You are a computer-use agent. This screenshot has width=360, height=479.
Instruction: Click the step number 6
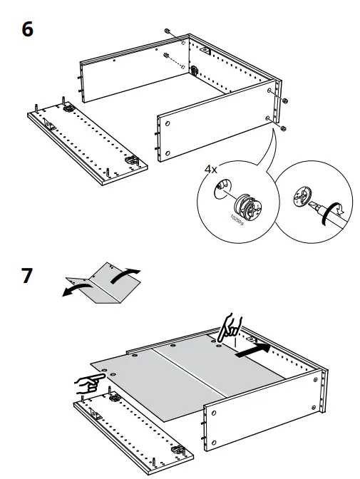[27, 30]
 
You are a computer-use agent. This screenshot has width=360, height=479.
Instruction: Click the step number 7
[27, 276]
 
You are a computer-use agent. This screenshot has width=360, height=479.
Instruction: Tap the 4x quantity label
[210, 169]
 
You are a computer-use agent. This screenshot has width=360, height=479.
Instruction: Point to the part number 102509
[237, 220]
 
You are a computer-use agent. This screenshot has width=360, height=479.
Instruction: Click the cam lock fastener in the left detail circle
[247, 206]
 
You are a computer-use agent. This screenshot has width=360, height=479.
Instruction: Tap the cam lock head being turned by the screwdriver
[302, 195]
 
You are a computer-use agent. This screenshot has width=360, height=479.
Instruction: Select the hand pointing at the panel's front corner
[89, 383]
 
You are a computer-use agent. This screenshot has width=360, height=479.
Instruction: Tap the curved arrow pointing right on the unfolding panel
[124, 275]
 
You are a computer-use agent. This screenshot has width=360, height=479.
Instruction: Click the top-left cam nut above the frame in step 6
[167, 31]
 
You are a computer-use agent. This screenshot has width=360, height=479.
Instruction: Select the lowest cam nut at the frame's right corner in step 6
[283, 128]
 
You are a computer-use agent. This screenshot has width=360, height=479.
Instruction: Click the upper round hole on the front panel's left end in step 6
[167, 124]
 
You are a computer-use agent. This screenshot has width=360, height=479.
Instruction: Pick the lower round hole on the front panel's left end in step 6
[167, 153]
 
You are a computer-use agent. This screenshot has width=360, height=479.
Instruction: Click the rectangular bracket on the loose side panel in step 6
[49, 124]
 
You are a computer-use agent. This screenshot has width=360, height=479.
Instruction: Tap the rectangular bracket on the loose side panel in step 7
[96, 415]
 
